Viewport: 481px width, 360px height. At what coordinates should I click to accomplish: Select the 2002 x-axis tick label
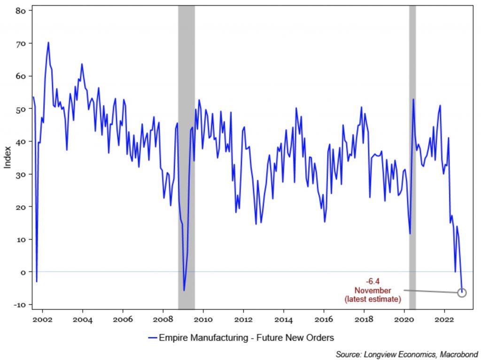pos(42,320)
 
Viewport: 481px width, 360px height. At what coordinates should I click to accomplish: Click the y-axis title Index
pos(8,158)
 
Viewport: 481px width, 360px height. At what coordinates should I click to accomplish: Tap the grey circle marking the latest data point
pos(461,293)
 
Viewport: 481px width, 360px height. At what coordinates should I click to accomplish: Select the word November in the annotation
pos(372,290)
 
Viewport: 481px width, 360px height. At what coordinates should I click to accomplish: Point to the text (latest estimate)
pos(372,298)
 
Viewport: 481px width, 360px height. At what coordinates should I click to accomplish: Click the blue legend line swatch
pos(152,337)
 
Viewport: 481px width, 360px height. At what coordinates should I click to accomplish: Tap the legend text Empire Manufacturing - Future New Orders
pos(246,337)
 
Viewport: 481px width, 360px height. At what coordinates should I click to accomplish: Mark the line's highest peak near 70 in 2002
pos(48,43)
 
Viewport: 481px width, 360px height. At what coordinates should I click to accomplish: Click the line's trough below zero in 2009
pos(184,290)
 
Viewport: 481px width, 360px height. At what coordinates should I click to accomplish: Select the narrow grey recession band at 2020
pos(412,141)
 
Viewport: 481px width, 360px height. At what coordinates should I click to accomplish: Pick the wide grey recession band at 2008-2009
pos(186,141)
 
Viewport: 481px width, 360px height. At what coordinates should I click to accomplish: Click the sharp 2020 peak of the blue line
pos(413,99)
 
